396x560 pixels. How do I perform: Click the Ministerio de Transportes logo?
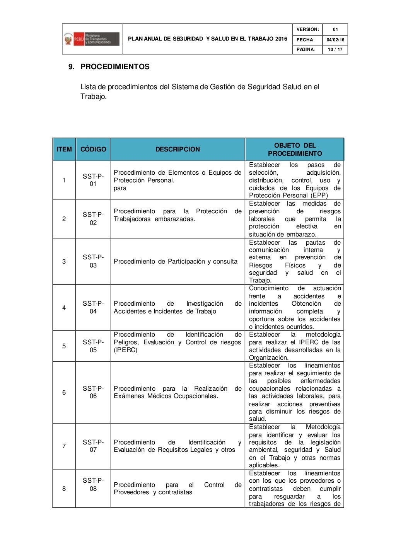point(92,39)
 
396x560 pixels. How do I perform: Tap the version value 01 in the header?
point(335,29)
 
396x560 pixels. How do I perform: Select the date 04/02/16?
point(335,40)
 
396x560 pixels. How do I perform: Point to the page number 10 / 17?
point(335,49)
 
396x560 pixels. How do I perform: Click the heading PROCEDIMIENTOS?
point(114,67)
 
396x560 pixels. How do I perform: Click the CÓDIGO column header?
point(93,150)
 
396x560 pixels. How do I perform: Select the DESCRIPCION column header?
point(178,150)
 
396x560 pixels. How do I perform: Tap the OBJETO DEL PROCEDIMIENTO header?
point(295,150)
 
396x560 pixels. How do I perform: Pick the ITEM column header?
point(64,150)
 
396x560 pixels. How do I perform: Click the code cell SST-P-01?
point(93,180)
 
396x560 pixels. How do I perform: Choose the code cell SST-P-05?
point(93,346)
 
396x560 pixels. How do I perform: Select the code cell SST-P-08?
point(93,485)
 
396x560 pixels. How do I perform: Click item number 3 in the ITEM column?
point(64,262)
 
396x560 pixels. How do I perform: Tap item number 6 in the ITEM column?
point(64,392)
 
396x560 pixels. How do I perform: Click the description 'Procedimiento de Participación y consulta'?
point(175,262)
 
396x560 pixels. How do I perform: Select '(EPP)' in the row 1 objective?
point(319,196)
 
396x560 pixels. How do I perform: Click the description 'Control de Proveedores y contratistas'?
point(177,489)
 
